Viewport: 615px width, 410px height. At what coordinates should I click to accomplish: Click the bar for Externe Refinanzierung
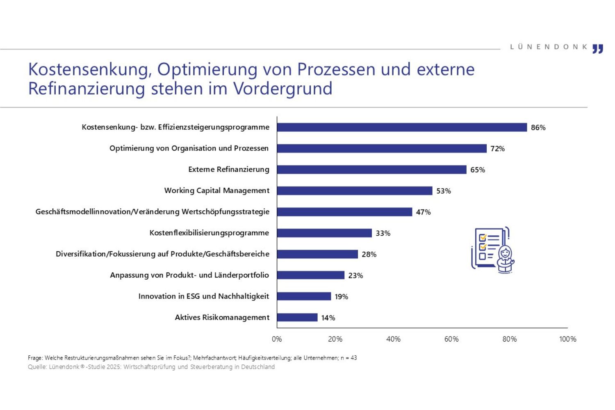pos(371,170)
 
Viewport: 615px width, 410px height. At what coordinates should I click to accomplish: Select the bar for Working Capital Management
pos(355,191)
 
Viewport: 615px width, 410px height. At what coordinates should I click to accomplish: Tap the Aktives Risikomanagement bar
pos(297,317)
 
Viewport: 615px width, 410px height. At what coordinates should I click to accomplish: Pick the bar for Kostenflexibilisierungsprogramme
pos(324,233)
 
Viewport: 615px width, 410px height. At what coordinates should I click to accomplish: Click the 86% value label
pos(538,128)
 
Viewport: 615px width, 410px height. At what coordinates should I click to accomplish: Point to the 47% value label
pos(423,212)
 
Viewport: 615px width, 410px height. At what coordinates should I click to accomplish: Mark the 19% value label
pos(341,296)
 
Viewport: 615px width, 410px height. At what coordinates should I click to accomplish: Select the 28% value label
pos(369,254)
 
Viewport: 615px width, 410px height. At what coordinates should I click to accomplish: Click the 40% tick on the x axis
pos(393,339)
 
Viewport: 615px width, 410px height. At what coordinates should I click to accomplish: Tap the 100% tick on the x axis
pos(567,339)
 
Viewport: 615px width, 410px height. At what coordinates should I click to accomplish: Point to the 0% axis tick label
pos(277,339)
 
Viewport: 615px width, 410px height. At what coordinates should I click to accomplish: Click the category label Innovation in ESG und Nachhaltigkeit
pos(204,296)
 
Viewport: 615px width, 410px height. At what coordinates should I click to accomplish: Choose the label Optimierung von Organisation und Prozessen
pos(189,148)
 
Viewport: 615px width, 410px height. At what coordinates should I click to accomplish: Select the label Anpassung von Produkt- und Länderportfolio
pos(189,275)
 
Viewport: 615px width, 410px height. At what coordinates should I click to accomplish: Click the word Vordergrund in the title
pos(283,89)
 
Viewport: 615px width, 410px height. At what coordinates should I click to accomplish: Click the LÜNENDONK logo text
pos(549,47)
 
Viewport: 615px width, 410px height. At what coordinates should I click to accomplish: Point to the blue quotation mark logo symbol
pos(598,49)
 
